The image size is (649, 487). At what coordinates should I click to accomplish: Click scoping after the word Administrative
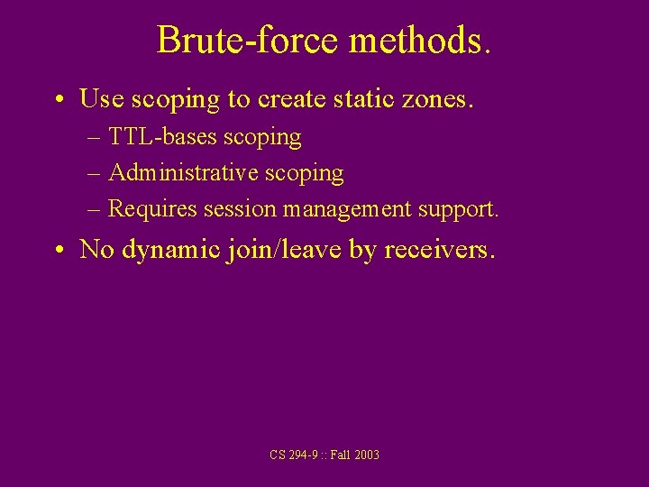302,173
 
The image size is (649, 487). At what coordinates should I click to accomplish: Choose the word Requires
152,209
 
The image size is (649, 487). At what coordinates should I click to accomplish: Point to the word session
240,209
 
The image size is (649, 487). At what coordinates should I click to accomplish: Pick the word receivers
439,249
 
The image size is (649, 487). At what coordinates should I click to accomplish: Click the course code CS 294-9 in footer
292,455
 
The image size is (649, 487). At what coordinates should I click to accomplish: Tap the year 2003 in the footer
366,455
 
